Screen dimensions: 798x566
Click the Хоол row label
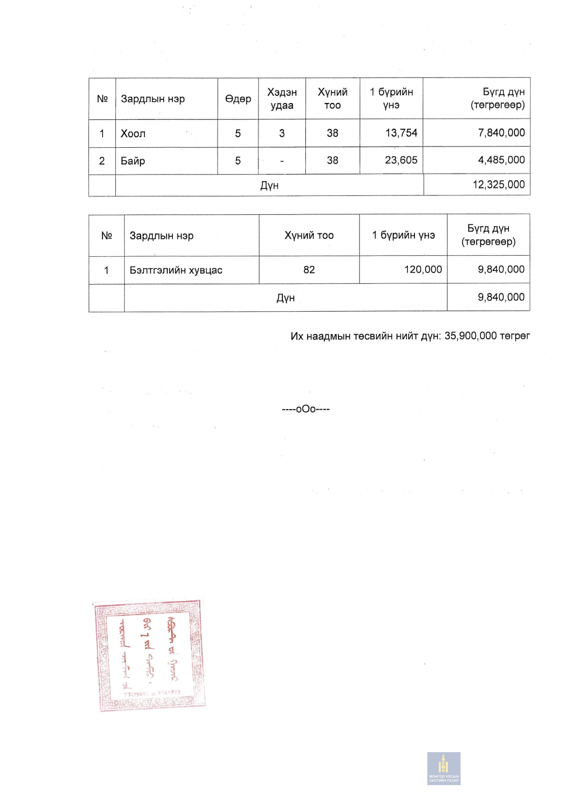[x=133, y=134]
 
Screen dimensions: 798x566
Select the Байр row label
[x=133, y=161]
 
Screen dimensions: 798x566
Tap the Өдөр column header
[x=238, y=99]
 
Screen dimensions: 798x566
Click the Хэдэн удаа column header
[x=282, y=99]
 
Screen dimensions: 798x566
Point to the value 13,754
[x=401, y=133]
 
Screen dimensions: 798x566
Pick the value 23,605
[x=401, y=161]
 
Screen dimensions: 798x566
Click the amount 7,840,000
[x=501, y=133]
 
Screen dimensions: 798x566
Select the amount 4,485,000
[x=501, y=160]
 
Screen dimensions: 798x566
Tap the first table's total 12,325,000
[x=498, y=185]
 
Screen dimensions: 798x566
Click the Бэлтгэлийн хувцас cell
[x=176, y=270]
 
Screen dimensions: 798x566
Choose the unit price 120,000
[x=423, y=270]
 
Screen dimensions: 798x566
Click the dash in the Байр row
[x=282, y=161]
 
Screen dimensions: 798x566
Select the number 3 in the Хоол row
[x=282, y=134]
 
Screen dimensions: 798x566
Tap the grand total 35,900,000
[x=470, y=336]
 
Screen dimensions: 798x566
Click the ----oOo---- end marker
[x=306, y=410]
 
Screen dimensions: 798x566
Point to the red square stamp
[x=149, y=655]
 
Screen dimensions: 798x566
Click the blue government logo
[x=444, y=768]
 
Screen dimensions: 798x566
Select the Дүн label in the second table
[x=285, y=298]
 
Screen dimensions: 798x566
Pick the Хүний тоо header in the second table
[x=309, y=236]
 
